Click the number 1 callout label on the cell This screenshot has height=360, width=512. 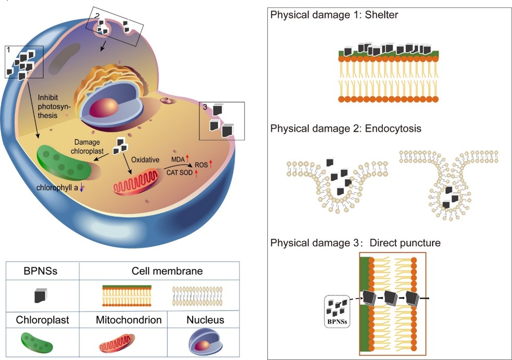click(x=8, y=49)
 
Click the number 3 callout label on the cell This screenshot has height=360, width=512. click(x=205, y=107)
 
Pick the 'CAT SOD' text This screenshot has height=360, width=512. click(x=180, y=173)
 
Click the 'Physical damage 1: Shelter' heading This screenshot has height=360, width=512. click(x=334, y=15)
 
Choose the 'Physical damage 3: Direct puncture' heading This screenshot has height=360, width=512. click(x=356, y=243)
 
